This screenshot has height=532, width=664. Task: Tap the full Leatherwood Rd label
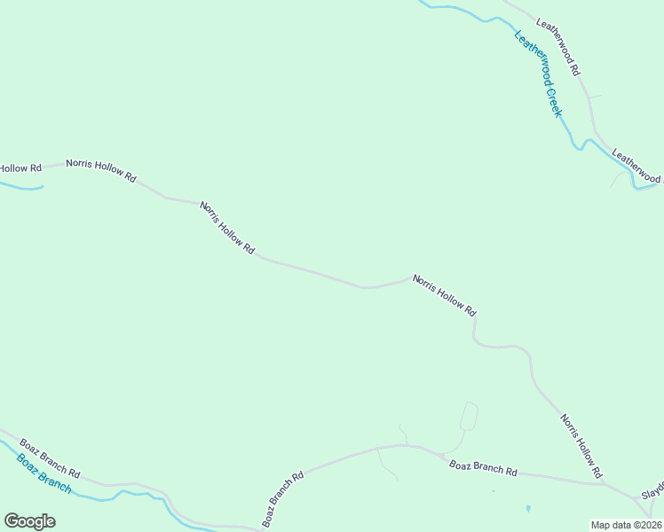[557, 45]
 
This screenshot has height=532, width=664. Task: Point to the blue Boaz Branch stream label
[43, 474]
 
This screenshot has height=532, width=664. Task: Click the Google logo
[29, 521]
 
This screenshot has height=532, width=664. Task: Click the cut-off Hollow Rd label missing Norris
[20, 168]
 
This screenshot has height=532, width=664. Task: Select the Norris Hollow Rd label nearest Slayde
[581, 445]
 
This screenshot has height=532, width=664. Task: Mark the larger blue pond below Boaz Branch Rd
[528, 509]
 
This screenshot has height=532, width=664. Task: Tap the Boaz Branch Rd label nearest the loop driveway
[483, 467]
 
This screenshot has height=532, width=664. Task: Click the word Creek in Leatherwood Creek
[553, 102]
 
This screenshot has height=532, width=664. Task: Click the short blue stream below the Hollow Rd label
[21, 186]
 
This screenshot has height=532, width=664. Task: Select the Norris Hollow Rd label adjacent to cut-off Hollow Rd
[100, 170]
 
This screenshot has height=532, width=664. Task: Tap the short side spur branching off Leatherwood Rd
[595, 96]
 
